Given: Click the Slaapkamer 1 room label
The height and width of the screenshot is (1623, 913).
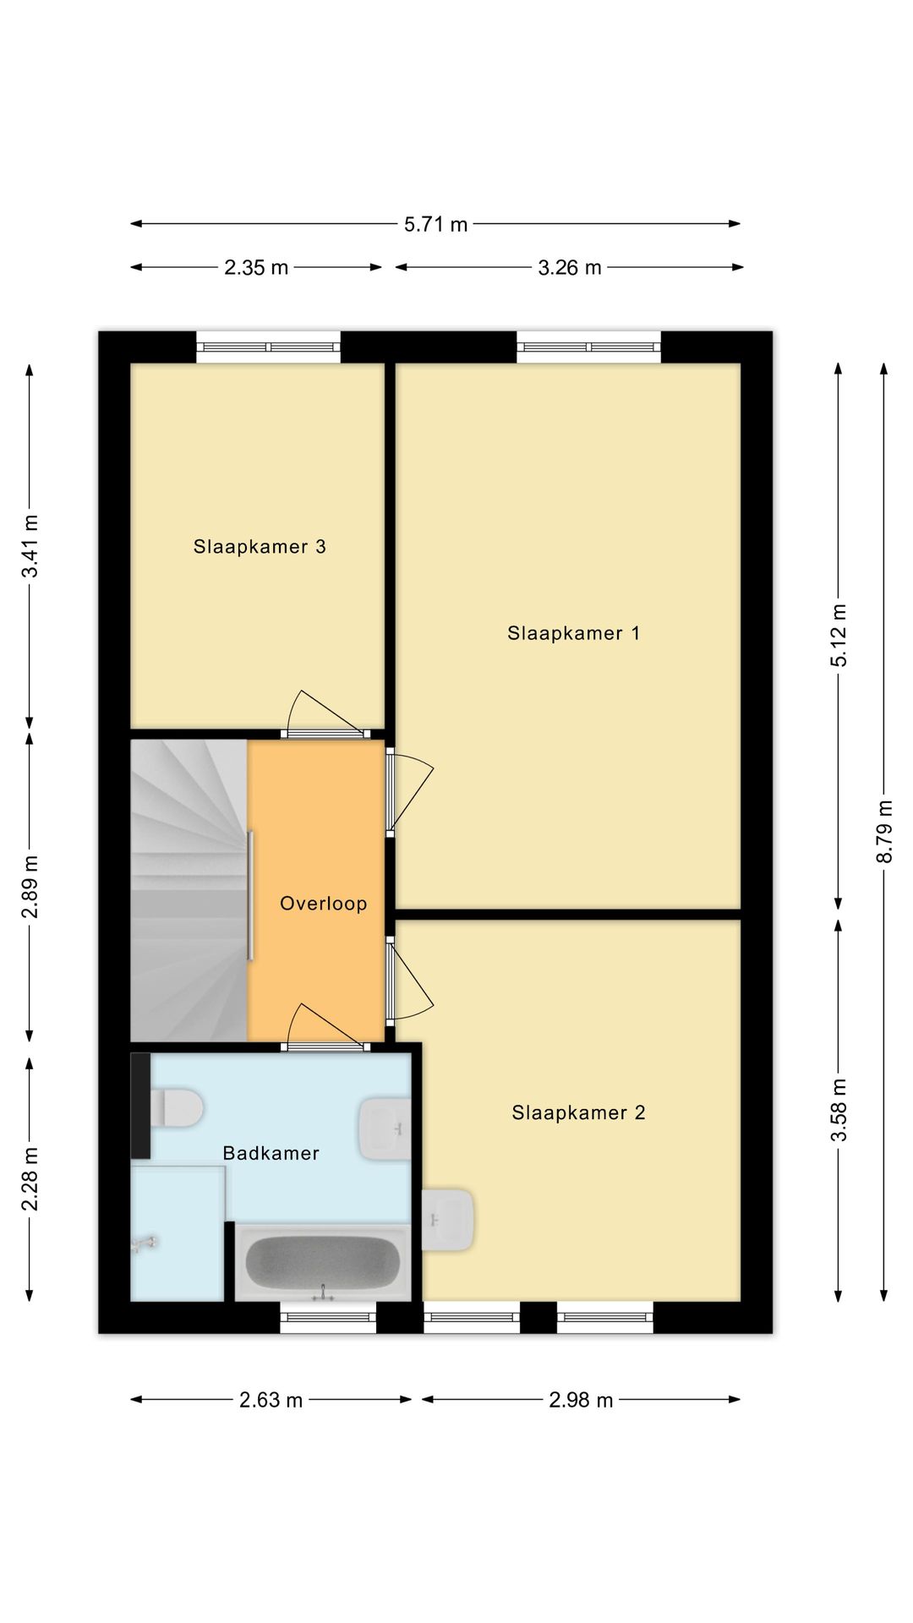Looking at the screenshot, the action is click(573, 633).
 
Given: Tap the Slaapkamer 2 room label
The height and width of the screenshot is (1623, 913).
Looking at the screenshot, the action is click(578, 1112).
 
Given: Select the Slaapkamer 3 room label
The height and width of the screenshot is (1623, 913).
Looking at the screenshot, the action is click(260, 547).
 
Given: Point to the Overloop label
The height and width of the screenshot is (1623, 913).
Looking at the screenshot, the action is click(324, 904).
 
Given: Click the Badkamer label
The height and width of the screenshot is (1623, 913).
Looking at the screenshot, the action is click(271, 1153).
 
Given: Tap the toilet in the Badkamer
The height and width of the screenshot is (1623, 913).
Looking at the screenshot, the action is click(177, 1107).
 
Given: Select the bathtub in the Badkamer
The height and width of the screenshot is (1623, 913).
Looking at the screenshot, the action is click(323, 1263).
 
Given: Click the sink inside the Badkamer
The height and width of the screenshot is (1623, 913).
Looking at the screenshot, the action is click(385, 1128).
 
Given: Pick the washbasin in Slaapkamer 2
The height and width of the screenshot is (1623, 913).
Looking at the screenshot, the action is click(448, 1220).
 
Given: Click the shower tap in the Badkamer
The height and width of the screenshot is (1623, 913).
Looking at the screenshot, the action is click(145, 1243).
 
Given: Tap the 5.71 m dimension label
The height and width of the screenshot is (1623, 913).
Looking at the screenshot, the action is click(435, 224).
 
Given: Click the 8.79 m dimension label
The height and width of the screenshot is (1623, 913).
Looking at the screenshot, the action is click(884, 832).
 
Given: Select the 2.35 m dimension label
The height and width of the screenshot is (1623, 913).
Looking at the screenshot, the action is click(256, 268).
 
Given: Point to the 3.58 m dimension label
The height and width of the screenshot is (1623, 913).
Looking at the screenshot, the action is click(839, 1110).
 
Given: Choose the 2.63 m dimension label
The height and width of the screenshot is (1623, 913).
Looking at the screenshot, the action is click(271, 1400).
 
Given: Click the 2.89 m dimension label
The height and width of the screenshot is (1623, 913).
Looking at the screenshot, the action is click(30, 887).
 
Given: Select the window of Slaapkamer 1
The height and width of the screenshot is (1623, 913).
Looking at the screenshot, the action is click(588, 347).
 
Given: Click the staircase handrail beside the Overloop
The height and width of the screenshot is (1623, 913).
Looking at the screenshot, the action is click(250, 896).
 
